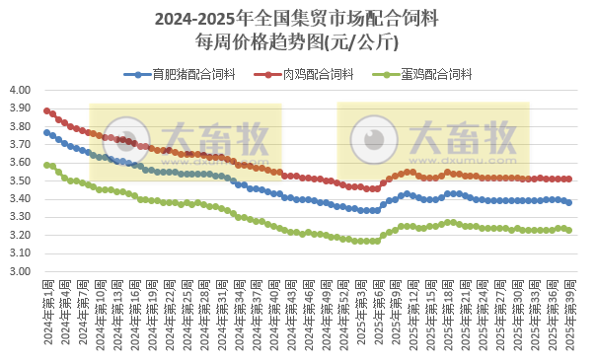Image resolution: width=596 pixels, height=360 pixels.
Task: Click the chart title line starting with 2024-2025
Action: coord(298,19)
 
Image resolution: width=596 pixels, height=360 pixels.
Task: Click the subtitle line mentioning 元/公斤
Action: coord(298,41)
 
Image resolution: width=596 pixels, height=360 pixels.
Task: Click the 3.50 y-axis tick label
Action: coord(22,180)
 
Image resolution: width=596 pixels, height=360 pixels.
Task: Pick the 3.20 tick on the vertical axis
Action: coord(22,236)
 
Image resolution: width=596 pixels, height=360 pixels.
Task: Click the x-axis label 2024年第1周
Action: coord(47,309)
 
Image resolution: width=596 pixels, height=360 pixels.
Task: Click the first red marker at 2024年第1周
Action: coord(46,110)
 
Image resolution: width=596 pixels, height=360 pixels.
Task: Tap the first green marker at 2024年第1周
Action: coord(46,164)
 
